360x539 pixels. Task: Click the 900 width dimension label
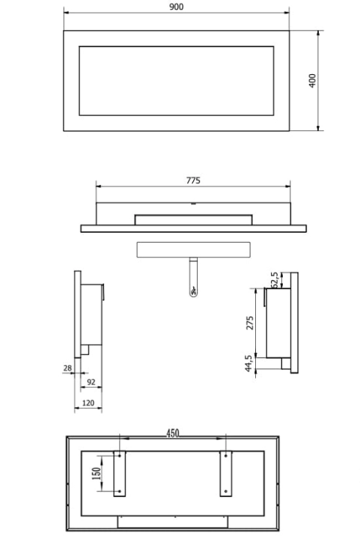pos(176,7)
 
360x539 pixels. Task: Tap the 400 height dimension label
pos(312,80)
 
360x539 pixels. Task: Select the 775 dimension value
pos(193,180)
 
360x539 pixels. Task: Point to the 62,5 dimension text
pos(275,280)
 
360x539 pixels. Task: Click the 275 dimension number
pos(250,323)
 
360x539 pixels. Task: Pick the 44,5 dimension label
pos(248,363)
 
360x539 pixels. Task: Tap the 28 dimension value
pos(67,368)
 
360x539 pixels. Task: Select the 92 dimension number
pos(91,382)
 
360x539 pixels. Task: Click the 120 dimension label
pos(88,403)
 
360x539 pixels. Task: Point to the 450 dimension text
pos(173,433)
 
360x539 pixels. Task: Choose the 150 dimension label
pos(97,473)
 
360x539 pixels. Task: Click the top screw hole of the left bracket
pos(119,456)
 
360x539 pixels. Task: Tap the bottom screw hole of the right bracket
pos(226,491)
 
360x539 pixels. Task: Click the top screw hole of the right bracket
pos(226,456)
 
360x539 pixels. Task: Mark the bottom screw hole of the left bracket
pos(119,491)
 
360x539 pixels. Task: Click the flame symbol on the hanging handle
pos(193,292)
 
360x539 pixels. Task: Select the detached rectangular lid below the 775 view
pos(193,249)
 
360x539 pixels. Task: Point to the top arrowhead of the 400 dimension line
pos(318,33)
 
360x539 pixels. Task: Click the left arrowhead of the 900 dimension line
pos(67,13)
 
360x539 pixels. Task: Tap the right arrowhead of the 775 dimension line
pos(287,186)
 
